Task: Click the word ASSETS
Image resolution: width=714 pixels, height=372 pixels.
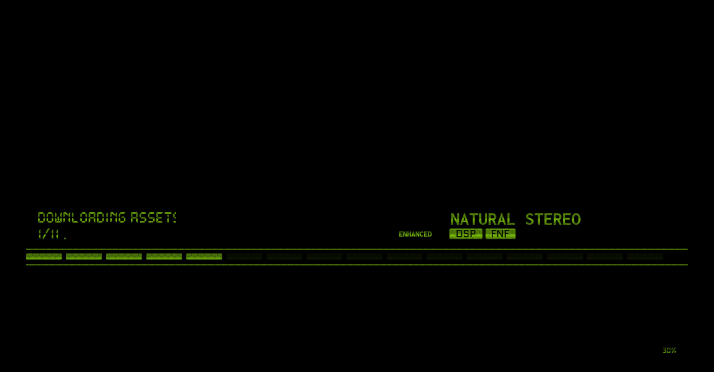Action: tap(153, 218)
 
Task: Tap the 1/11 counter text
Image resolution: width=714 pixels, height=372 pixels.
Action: tap(48, 234)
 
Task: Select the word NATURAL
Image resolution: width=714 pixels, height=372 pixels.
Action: tap(482, 219)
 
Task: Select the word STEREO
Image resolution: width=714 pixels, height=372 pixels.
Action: tap(553, 219)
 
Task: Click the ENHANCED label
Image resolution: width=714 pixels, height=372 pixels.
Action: tap(415, 234)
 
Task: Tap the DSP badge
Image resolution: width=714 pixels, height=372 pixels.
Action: tap(466, 234)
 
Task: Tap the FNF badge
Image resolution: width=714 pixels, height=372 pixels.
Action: tap(501, 234)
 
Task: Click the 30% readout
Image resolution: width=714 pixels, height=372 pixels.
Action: tap(669, 350)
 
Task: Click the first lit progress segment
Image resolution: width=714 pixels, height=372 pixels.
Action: tap(44, 256)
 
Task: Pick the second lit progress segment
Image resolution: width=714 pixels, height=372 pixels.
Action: tap(84, 256)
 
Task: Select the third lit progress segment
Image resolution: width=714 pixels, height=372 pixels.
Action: tap(124, 256)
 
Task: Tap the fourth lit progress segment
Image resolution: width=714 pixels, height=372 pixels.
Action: tap(164, 256)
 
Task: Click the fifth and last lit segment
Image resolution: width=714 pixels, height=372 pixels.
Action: tap(204, 256)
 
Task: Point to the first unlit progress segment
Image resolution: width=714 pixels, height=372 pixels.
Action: tap(244, 256)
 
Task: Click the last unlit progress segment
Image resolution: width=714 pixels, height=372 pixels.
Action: tap(645, 256)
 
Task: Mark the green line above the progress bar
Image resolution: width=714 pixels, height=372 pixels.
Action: tap(357, 249)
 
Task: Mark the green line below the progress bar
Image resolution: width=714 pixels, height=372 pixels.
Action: tap(357, 265)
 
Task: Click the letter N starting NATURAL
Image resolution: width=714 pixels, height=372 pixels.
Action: tap(455, 219)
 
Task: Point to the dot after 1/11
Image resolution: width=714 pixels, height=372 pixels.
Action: tap(65, 238)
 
